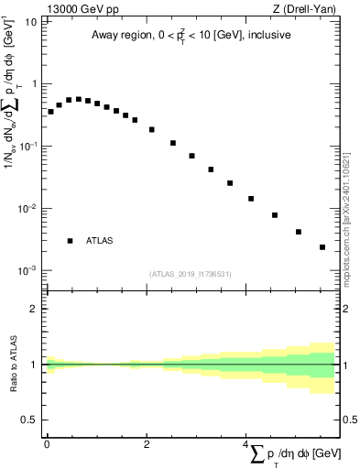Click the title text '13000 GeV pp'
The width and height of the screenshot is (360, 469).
[x=83, y=9]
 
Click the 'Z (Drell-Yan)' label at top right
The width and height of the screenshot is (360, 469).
[x=304, y=9]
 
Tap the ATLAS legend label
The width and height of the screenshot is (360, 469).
[x=100, y=241]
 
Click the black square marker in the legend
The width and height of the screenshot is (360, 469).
[x=70, y=241]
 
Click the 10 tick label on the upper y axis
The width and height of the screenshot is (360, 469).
[x=31, y=21]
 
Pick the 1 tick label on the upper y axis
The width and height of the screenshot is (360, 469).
[x=34, y=84]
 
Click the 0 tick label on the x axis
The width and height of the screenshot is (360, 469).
[x=47, y=443]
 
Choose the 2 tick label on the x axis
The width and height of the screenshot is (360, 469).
[x=147, y=443]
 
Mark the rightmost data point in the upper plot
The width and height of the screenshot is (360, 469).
[x=322, y=247]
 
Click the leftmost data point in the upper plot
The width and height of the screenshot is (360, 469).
[x=50, y=112]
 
